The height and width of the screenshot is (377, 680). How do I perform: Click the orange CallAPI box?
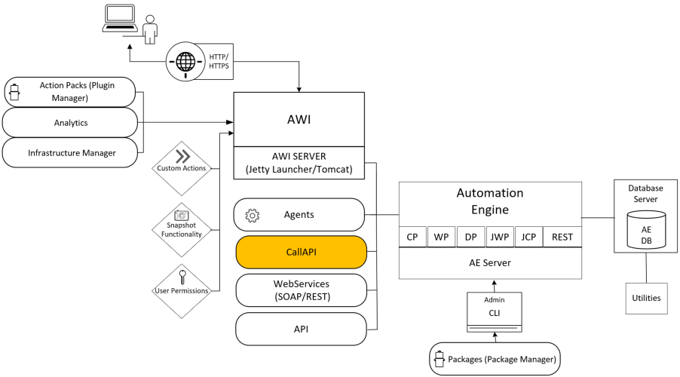coord(301,253)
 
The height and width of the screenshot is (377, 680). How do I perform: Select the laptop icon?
coord(121,18)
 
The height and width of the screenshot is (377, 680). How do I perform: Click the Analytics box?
coord(70,122)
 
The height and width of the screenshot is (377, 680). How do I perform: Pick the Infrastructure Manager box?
coord(70,152)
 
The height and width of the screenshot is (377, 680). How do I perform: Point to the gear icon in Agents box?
coord(253,216)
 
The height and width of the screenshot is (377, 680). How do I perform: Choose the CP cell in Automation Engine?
coord(412,237)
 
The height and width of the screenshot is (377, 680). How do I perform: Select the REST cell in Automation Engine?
coord(562,237)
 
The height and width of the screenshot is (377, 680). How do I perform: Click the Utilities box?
coord(646,298)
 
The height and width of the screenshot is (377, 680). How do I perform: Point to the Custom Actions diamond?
coord(181,162)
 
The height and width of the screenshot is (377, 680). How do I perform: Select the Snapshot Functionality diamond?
coord(181,223)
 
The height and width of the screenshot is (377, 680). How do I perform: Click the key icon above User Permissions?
coord(181,274)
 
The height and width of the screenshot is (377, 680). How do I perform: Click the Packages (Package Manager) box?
coord(495,360)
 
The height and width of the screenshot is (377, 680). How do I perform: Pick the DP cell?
coord(470,237)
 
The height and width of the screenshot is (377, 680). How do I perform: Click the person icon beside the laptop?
coord(151,30)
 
